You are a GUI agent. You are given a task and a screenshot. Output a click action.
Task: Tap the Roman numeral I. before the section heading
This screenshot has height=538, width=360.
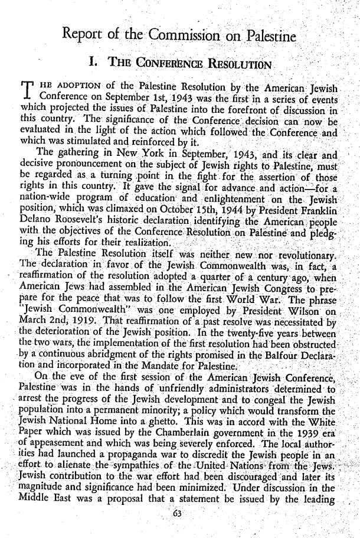(x=91, y=63)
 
